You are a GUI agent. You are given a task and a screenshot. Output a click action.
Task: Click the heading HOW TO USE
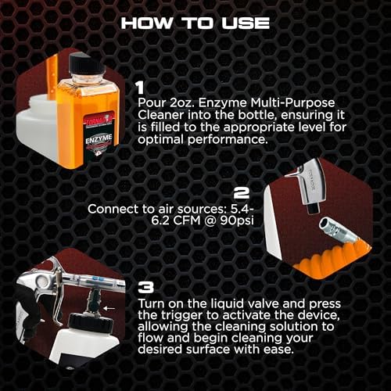pyautogui.click(x=195, y=23)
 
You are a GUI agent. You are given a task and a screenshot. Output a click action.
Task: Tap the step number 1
pyautogui.click(x=141, y=88)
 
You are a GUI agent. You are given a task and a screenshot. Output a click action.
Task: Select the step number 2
pyautogui.click(x=242, y=193)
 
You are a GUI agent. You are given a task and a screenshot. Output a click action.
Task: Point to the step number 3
pyautogui.click(x=145, y=288)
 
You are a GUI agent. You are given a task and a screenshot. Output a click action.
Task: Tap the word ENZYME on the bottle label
pyautogui.click(x=99, y=139)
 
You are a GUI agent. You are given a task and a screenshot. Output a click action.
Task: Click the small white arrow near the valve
pyautogui.click(x=109, y=308)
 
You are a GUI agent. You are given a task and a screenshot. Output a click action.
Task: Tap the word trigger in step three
pyautogui.click(x=181, y=316)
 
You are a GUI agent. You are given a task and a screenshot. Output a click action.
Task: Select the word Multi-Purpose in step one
pyautogui.click(x=292, y=103)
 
